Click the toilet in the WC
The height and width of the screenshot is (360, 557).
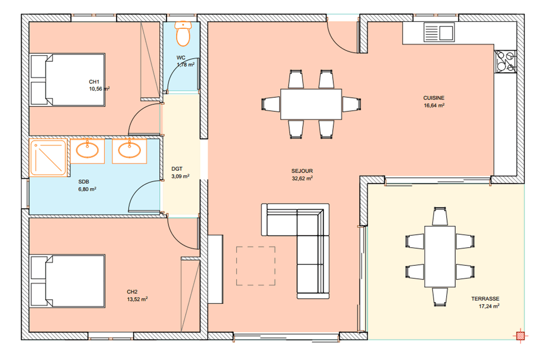click(x=183, y=34)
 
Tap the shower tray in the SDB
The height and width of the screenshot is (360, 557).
click(x=48, y=158)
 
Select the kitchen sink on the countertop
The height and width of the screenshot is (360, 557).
click(x=439, y=32)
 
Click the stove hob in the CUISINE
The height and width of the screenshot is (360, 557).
click(x=505, y=61)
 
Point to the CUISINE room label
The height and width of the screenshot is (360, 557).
click(x=434, y=98)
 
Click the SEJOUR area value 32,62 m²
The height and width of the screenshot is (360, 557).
click(x=302, y=178)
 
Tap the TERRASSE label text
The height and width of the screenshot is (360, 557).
click(x=485, y=299)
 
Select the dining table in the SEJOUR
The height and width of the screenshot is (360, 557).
click(x=311, y=104)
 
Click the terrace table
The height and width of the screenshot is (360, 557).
click(x=440, y=256)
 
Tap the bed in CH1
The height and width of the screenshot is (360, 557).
click(x=67, y=80)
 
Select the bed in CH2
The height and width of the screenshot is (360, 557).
click(x=67, y=281)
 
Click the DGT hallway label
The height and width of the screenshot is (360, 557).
click(x=177, y=169)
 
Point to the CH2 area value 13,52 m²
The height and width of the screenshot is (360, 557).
click(x=137, y=299)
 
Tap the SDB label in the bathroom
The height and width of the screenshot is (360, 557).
click(x=84, y=182)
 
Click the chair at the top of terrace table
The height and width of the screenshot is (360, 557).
click(x=440, y=216)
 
